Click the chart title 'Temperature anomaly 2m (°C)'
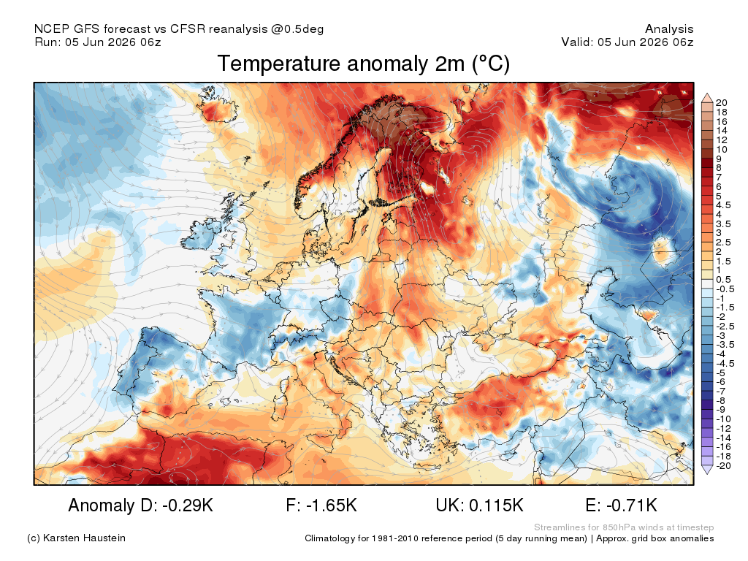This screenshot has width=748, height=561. point(364,64)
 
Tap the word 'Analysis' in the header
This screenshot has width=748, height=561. point(669,29)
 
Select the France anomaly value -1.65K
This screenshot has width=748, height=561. point(321,505)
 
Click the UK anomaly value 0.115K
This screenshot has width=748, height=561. point(479,505)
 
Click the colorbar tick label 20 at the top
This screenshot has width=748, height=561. point(722,102)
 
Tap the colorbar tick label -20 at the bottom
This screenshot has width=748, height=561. point(724,465)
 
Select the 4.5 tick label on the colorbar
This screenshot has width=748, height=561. point(723,205)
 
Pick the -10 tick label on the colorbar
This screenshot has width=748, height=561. point(724,419)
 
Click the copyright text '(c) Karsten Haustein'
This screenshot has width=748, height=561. point(76,538)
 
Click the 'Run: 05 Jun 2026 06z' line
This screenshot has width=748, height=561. point(98,42)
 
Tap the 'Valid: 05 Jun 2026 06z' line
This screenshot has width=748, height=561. point(627,42)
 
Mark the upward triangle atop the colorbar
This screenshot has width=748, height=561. point(707,99)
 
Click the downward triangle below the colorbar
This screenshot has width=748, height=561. point(707,470)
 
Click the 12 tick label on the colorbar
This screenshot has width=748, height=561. point(722,140)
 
